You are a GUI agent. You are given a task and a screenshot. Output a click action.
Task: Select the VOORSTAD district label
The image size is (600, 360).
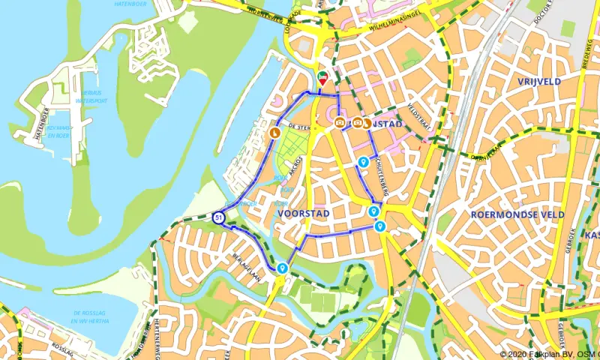pyautogui.click(x=304, y=214)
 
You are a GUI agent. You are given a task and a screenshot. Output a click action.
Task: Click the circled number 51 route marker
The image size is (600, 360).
pyautogui.click(x=218, y=217)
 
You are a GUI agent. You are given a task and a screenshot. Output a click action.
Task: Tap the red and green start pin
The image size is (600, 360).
pyautogui.click(x=322, y=78)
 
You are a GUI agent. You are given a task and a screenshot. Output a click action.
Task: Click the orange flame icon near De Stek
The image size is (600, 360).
pyautogui.click(x=274, y=133)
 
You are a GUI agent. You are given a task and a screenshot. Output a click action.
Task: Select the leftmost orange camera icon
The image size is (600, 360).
pyautogui.click(x=340, y=122)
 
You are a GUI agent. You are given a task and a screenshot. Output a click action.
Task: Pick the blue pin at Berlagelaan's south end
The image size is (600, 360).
pyautogui.click(x=282, y=267)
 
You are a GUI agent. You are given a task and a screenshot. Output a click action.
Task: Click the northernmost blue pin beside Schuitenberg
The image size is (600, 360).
pyautogui.click(x=363, y=161)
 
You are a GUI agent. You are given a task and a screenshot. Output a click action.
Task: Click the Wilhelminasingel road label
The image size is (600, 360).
pyautogui.click(x=397, y=27)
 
